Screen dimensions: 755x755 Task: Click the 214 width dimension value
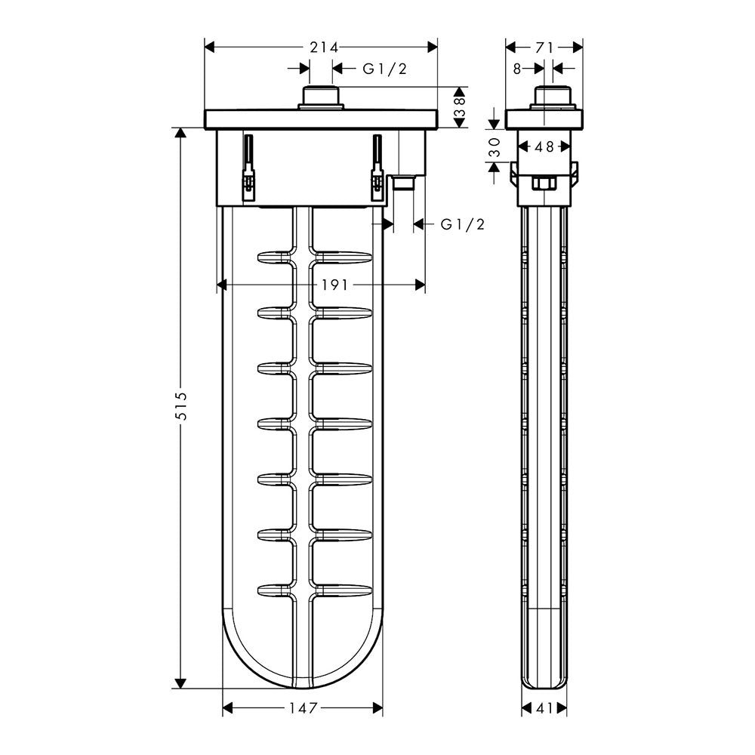(x=324, y=47)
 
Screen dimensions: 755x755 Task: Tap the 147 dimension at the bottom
(x=303, y=708)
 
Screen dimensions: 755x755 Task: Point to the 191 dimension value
(x=334, y=285)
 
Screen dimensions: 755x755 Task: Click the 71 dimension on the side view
(x=544, y=47)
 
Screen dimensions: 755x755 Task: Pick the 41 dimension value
(x=544, y=708)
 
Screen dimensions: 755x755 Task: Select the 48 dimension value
(x=544, y=147)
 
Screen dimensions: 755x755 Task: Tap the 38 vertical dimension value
(x=461, y=107)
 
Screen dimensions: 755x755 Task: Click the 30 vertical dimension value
(x=495, y=147)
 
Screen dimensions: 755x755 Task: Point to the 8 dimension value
(x=517, y=69)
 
